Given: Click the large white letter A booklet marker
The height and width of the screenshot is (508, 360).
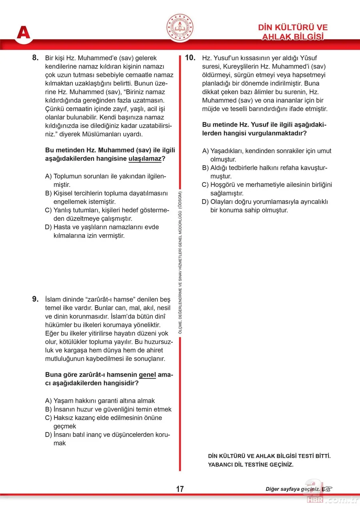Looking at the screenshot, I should (x=23, y=32).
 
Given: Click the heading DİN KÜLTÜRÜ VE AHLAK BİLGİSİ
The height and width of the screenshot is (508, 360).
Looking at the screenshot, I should (x=292, y=32).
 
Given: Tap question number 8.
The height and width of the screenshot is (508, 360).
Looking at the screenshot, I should (x=35, y=58).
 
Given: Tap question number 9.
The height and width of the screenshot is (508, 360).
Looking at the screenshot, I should (x=35, y=299).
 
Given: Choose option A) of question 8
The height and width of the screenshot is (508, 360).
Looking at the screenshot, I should (x=49, y=177).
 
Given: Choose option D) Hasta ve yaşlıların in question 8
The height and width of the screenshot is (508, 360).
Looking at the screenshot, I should (x=49, y=227).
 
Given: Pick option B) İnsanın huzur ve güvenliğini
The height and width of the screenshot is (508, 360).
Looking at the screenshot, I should (x=49, y=409).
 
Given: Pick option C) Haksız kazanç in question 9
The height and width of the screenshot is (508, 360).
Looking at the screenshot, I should (x=49, y=418).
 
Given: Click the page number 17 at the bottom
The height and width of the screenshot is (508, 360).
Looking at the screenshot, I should (x=180, y=489).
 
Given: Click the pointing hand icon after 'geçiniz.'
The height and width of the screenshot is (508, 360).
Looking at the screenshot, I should (x=327, y=489).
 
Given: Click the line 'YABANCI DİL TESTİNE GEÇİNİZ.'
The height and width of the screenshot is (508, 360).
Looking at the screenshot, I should (x=250, y=465).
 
